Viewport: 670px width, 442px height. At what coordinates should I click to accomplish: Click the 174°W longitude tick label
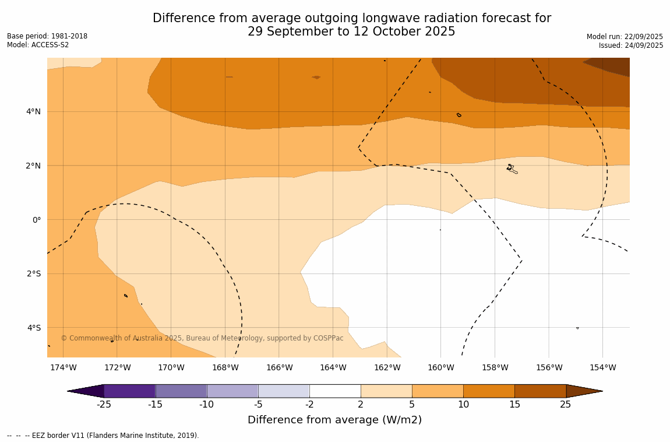tap(63, 367)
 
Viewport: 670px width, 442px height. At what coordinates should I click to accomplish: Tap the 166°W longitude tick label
tap(279, 367)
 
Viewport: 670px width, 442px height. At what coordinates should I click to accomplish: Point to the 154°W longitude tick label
tap(602, 367)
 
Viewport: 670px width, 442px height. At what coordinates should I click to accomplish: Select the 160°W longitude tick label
tap(440, 367)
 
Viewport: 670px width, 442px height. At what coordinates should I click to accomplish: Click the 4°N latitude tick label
tap(34, 111)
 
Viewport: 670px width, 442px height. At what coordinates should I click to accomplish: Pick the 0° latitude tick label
tap(37, 220)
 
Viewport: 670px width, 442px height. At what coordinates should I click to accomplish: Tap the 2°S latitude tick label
tap(34, 273)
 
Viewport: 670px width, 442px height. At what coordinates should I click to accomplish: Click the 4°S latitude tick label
tap(34, 328)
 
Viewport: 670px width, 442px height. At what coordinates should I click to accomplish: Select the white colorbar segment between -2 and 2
tap(335, 391)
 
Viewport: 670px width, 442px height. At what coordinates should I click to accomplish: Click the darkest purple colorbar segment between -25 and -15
tap(129, 391)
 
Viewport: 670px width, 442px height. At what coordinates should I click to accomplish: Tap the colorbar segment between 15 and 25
tap(540, 391)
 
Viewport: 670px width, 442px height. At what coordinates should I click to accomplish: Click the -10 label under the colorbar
tap(206, 405)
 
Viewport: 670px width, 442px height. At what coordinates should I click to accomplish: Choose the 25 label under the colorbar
tap(566, 405)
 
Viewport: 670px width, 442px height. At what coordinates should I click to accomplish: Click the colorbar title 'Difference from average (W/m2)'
tap(334, 420)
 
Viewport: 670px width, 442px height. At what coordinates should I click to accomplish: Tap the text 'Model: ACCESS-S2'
tap(38, 45)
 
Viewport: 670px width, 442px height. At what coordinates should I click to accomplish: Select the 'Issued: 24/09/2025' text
tap(630, 45)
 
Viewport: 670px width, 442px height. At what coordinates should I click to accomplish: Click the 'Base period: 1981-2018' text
tap(47, 36)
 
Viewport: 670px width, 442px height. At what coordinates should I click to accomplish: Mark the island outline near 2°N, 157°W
tap(512, 169)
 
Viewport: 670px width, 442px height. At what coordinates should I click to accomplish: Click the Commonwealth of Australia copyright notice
tap(202, 338)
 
